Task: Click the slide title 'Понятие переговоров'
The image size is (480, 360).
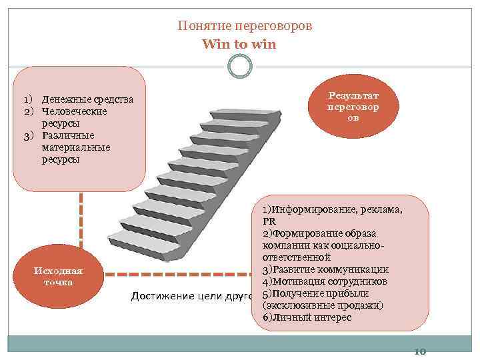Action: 245,26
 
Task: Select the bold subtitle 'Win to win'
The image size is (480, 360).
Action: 239,44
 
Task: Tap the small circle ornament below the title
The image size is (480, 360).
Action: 239,65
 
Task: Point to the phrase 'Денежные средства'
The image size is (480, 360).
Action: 87,100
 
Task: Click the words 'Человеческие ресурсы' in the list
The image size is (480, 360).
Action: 74,117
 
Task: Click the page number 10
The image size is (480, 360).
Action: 420,352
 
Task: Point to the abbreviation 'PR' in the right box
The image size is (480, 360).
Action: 269,221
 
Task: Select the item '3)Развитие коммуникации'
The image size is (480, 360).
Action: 325,269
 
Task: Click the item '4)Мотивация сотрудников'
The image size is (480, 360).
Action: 325,281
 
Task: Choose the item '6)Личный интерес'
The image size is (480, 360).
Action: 307,317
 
